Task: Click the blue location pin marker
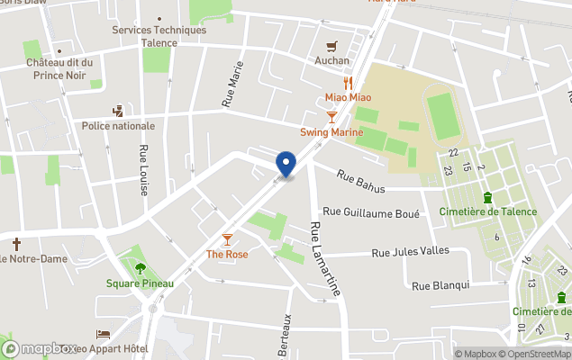(x=286, y=165)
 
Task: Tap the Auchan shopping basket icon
(x=332, y=47)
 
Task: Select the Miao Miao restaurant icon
(x=348, y=83)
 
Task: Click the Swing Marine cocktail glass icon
(x=332, y=117)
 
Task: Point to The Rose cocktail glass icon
(x=227, y=238)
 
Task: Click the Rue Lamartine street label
(x=325, y=259)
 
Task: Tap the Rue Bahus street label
(x=361, y=181)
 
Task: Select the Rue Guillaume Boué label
(x=371, y=212)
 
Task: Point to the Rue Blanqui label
(x=440, y=285)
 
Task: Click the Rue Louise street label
(x=143, y=170)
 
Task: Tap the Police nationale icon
(x=117, y=111)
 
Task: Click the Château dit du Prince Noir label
(x=59, y=68)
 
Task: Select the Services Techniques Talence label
(x=159, y=35)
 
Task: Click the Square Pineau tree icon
(x=140, y=267)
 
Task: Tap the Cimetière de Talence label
(x=487, y=211)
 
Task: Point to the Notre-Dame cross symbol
(x=16, y=244)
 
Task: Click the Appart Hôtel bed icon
(x=103, y=335)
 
